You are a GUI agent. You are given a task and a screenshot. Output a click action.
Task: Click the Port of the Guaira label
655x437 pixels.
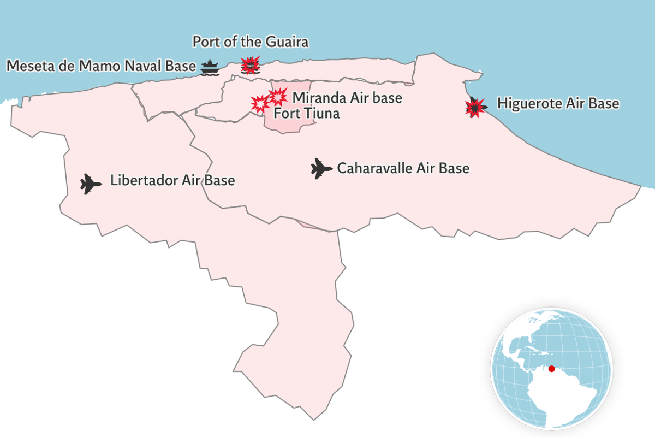pos(251,42)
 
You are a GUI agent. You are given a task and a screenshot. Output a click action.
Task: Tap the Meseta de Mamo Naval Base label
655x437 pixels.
pos(100,66)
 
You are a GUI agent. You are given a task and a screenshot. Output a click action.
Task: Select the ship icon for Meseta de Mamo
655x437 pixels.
pos(209,67)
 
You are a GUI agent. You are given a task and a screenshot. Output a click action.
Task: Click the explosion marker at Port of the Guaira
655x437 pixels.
pos(251,64)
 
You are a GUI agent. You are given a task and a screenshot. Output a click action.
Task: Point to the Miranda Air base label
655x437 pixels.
pos(347,98)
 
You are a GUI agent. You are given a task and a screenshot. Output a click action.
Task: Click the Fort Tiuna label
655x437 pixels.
pos(306,114)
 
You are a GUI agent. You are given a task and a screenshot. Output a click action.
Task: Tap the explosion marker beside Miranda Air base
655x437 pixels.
pos(278,96)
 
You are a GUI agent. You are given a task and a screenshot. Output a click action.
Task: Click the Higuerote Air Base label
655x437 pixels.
pos(558,103)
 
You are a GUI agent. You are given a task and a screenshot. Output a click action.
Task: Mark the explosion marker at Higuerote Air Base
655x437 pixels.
pos(475,107)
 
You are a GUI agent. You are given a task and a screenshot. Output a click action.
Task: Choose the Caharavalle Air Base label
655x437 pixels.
pos(403,168)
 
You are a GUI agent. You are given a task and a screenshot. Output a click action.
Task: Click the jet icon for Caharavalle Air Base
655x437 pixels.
pos(321,168)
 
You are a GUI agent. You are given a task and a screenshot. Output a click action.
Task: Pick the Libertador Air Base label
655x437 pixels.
pos(172,180)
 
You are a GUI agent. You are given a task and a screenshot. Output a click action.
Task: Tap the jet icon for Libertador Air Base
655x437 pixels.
pos(91,184)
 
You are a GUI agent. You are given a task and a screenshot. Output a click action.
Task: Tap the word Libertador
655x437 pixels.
pos(144,180)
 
